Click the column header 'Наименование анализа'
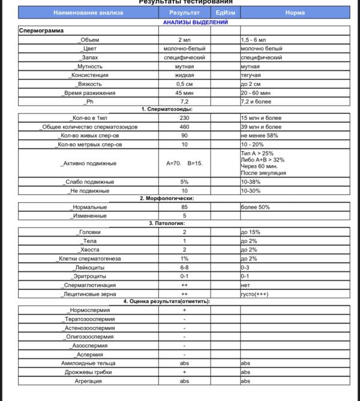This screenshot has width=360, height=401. point(88,13)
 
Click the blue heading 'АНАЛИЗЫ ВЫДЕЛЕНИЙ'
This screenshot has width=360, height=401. point(195,22)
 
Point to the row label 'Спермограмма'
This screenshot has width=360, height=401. point(41,30)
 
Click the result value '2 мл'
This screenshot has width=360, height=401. point(184,40)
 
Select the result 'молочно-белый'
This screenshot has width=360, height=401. point(184,49)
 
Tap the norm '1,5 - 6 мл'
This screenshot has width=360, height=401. point(256,40)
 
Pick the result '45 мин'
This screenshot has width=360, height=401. point(184,93)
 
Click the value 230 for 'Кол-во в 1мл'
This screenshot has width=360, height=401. point(184,118)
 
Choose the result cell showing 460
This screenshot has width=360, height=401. point(184,127)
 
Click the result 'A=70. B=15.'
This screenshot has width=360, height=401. point(184,163)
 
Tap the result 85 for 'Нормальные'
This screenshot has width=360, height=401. point(184,207)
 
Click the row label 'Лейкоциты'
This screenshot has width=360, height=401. point(89,268)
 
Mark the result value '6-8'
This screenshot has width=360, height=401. point(184,268)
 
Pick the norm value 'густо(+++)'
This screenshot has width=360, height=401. point(255,294)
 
